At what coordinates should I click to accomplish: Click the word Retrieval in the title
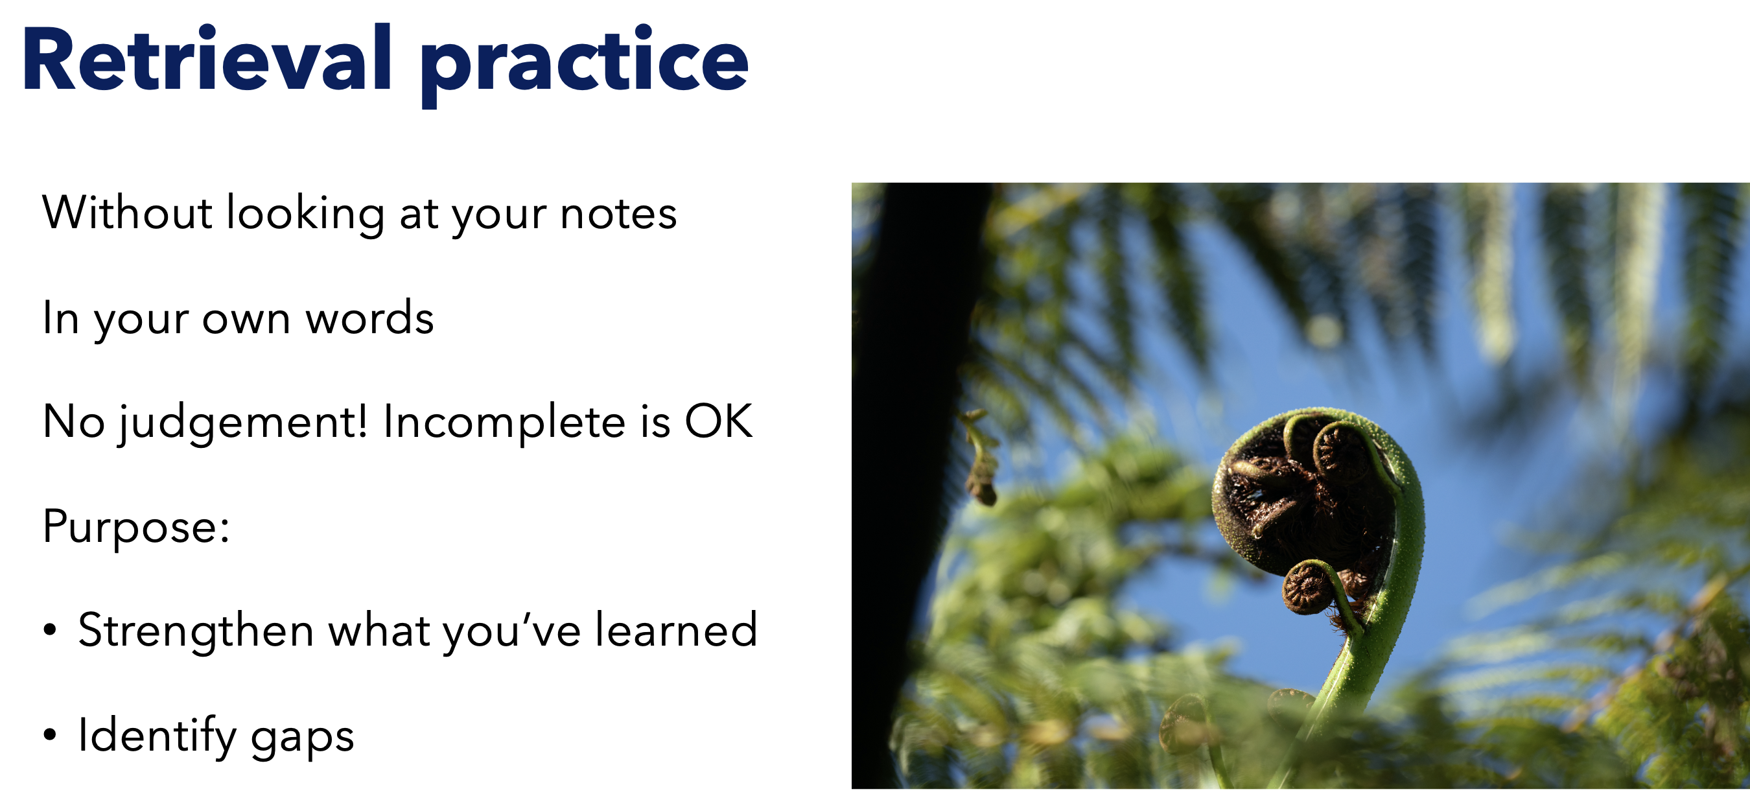pyautogui.click(x=207, y=58)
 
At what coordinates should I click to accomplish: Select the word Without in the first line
pyautogui.click(x=128, y=212)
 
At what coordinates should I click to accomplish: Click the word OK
pyautogui.click(x=719, y=421)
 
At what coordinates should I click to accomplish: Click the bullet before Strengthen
pyautogui.click(x=50, y=629)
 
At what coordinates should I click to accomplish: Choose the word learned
pyautogui.click(x=676, y=629)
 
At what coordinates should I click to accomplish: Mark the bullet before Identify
pyautogui.click(x=50, y=734)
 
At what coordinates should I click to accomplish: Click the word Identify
pyautogui.click(x=157, y=736)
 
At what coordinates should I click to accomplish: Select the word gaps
pyautogui.click(x=302, y=740)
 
